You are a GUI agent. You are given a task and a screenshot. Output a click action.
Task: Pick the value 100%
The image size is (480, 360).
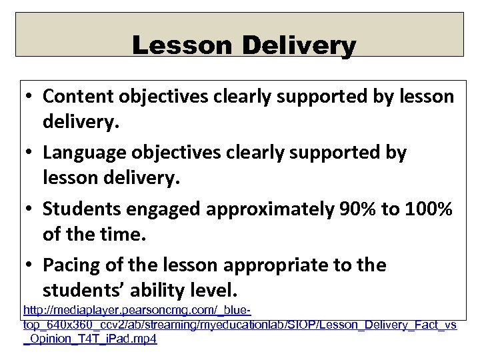427,209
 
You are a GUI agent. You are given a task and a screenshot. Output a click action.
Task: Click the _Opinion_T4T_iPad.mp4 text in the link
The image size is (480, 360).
90,338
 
